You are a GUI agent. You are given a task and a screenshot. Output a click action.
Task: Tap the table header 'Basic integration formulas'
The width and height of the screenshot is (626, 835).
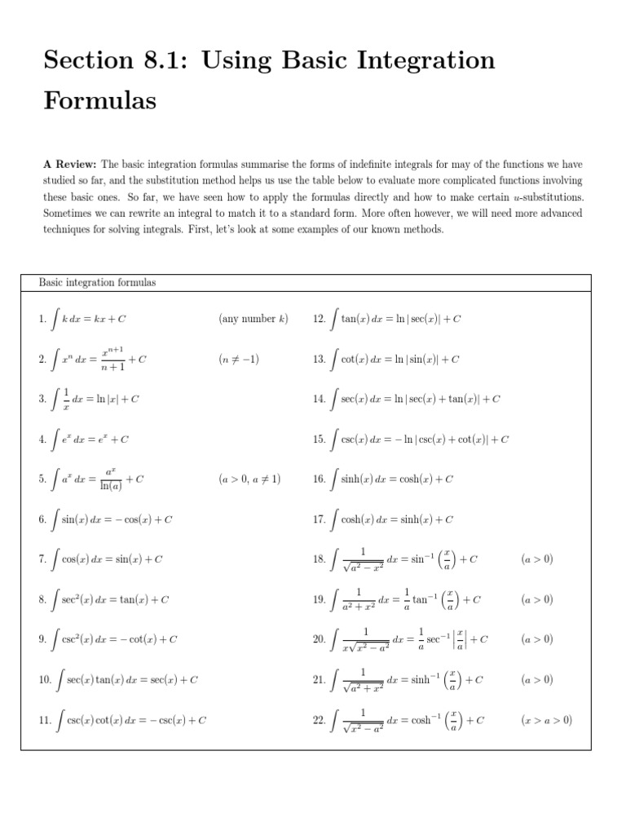(98, 282)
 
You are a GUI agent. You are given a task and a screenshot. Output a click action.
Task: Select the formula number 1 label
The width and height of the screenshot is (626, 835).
(42, 320)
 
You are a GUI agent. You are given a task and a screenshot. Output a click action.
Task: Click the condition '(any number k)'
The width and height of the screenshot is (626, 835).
(253, 319)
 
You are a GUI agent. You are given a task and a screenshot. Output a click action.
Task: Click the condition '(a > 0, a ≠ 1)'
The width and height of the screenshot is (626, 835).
(249, 479)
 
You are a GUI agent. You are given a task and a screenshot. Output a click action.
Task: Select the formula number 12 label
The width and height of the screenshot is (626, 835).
(319, 320)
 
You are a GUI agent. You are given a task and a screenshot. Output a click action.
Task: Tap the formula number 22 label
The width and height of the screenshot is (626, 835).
(319, 720)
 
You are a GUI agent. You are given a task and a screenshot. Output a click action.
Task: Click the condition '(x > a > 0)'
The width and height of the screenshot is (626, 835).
(546, 720)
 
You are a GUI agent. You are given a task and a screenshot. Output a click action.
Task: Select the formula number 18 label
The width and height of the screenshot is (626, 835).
(319, 559)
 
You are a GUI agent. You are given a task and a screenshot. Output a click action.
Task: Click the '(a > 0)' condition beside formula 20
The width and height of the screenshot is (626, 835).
(536, 639)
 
